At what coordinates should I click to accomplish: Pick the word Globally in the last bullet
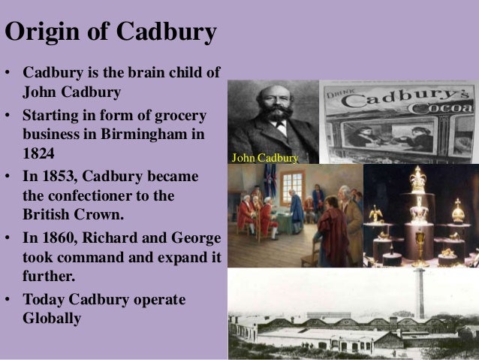(x=51, y=319)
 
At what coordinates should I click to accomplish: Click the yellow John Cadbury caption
(x=265, y=159)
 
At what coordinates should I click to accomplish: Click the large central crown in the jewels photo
(x=417, y=181)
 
